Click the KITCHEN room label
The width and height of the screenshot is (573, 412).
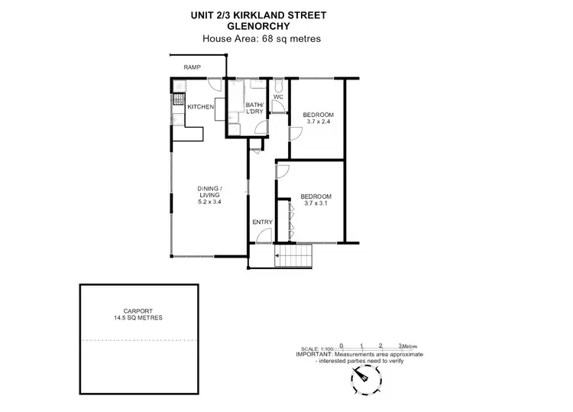201,107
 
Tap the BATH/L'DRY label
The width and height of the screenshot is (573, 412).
254,109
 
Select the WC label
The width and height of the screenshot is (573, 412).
278,96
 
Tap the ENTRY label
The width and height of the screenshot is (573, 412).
262,222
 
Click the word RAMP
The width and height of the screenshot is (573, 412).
192,68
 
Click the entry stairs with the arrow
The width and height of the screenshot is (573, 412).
290,258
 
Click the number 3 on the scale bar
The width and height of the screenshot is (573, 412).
400,346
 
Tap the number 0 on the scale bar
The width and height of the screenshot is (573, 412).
342,346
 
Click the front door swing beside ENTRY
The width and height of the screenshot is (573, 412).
262,238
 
